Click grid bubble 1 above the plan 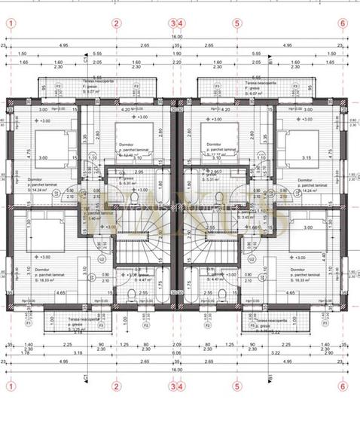[11, 23]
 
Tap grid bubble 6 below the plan [343, 386]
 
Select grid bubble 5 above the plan [237, 23]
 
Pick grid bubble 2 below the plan [116, 386]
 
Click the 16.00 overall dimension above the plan [176, 37]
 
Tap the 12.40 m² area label [133, 154]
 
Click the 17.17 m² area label [219, 154]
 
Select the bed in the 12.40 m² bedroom [133, 136]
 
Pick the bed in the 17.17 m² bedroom [219, 136]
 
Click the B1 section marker [269, 374]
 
